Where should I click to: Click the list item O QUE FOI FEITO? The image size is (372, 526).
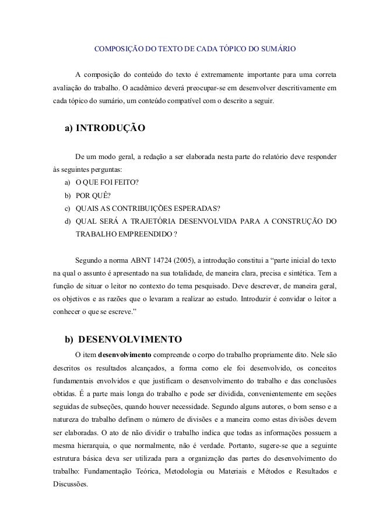click(107, 183)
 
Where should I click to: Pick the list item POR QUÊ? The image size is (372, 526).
click(93, 196)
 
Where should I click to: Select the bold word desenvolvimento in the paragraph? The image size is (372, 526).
click(125, 354)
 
